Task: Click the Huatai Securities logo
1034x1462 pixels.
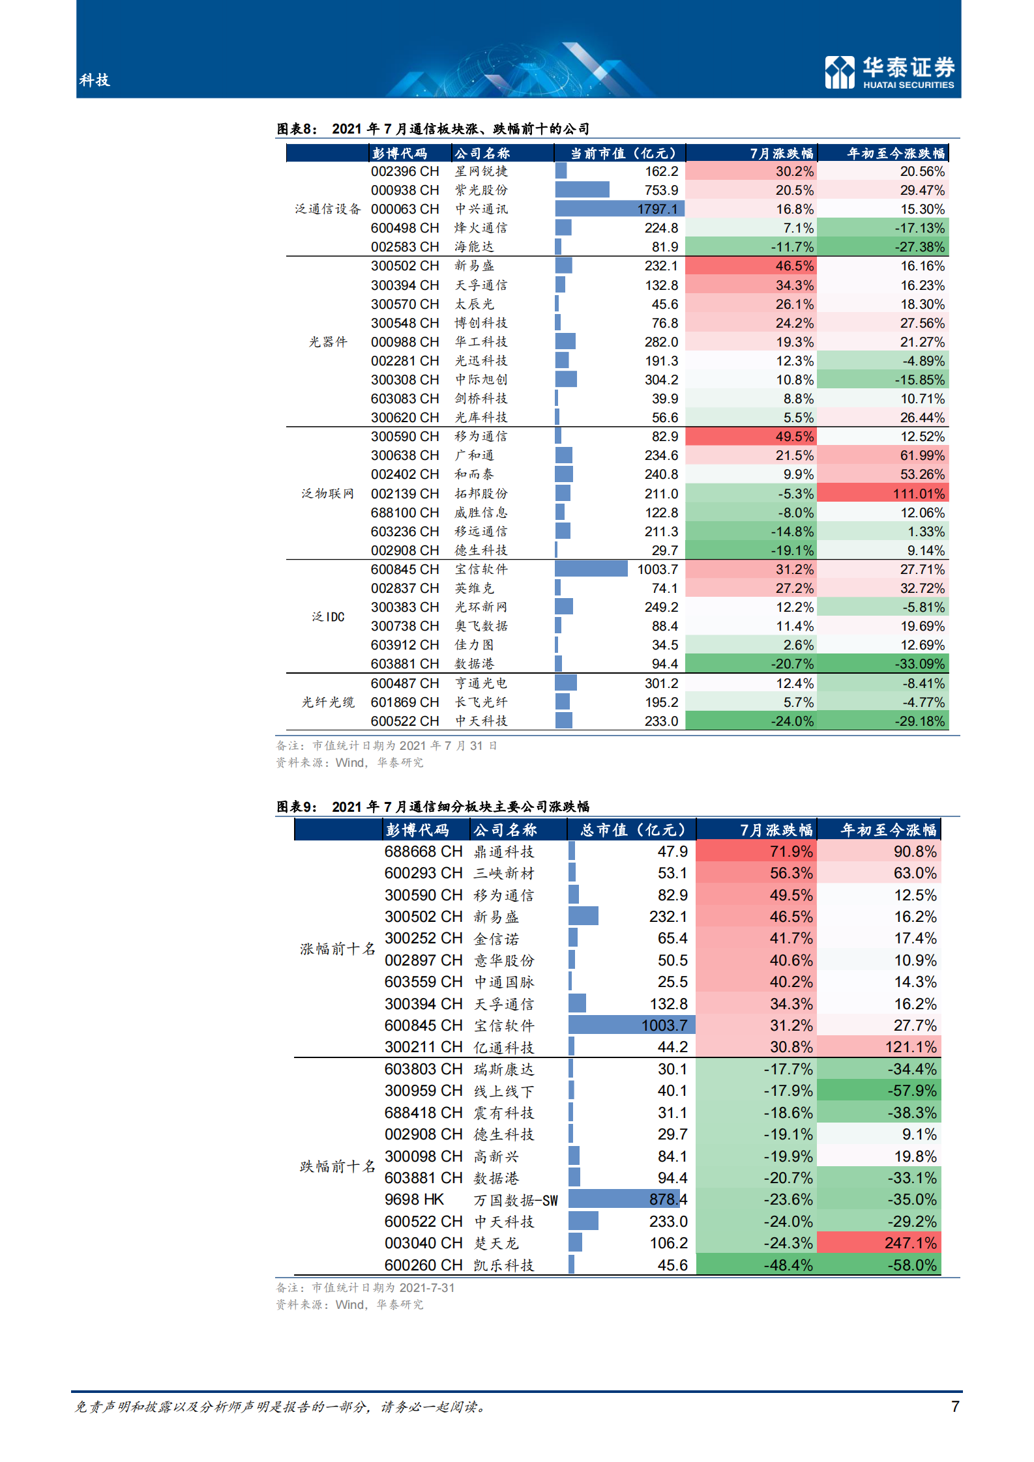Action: pyautogui.click(x=889, y=72)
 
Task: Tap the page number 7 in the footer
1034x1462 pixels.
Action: pyautogui.click(x=955, y=1406)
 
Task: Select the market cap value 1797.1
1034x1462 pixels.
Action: pyautogui.click(x=657, y=209)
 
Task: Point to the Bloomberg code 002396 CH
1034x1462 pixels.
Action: pyautogui.click(x=405, y=171)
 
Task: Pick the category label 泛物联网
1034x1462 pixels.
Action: pyautogui.click(x=327, y=494)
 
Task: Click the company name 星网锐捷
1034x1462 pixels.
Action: pyautogui.click(x=481, y=171)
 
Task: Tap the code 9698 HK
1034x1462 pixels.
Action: pyautogui.click(x=414, y=1199)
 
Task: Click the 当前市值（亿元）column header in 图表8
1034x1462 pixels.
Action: pyautogui.click(x=623, y=154)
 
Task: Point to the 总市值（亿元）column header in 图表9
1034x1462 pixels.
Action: pyautogui.click(x=632, y=830)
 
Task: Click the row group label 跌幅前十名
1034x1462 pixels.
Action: pyautogui.click(x=338, y=1166)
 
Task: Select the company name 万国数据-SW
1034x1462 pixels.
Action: pyautogui.click(x=516, y=1200)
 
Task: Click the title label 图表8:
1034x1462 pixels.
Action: pyautogui.click(x=297, y=129)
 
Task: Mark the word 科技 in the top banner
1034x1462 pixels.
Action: pyautogui.click(x=95, y=80)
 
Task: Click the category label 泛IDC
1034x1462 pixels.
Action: pyautogui.click(x=328, y=617)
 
